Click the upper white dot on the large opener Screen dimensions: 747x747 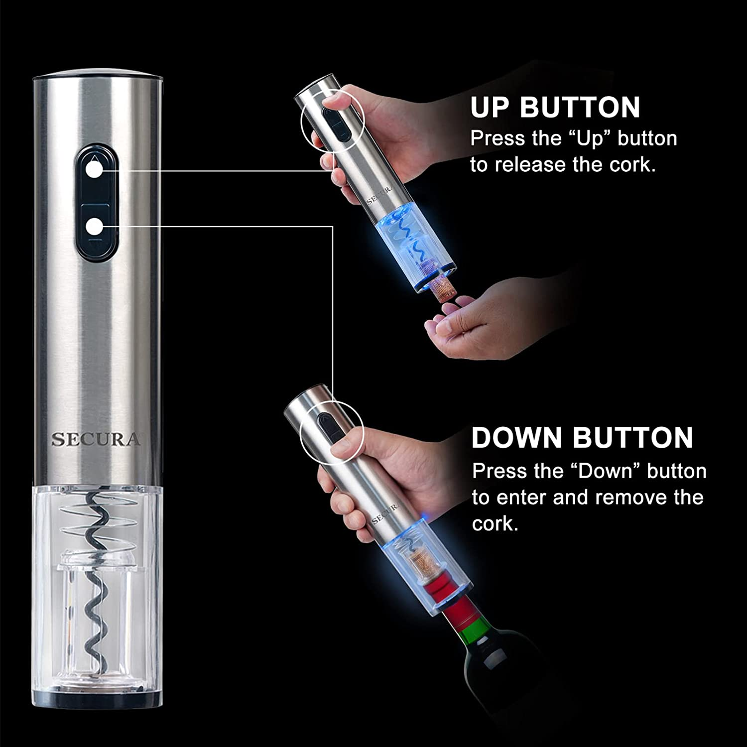[x=94, y=170]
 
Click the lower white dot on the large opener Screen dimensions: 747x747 [x=94, y=227]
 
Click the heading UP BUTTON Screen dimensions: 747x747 [x=555, y=108]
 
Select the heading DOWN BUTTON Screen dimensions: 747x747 [x=582, y=438]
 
